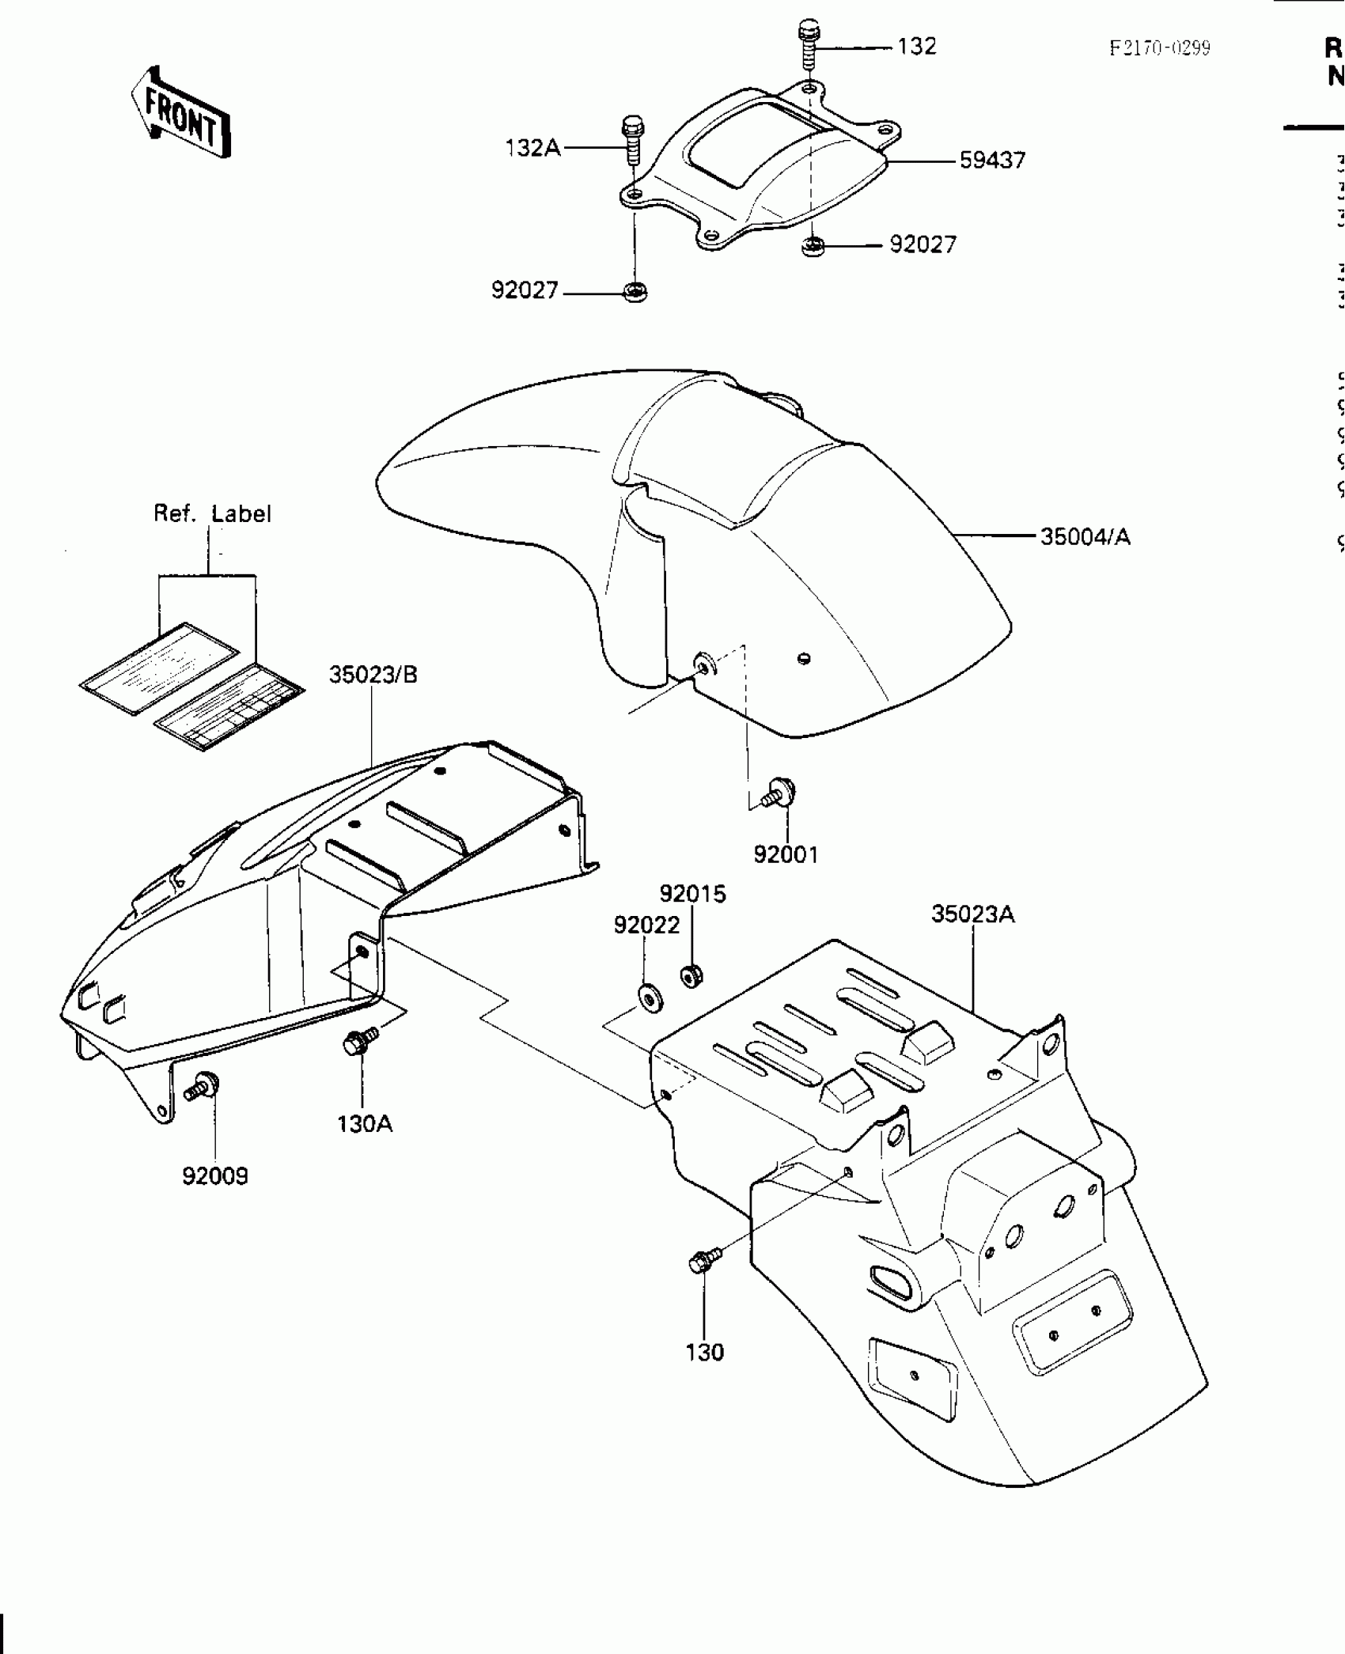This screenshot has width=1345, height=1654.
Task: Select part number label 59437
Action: [x=992, y=161]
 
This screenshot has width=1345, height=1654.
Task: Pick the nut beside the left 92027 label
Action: [x=635, y=293]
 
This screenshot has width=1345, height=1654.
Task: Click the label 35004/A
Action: [x=1085, y=537]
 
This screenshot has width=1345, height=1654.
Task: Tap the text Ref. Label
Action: [x=212, y=514]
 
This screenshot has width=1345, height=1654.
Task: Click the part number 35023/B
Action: [x=373, y=675]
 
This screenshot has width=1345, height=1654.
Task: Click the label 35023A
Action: [x=972, y=914]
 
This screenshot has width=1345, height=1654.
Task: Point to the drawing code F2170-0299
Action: [x=1159, y=48]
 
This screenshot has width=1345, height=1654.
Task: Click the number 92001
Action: [x=786, y=854]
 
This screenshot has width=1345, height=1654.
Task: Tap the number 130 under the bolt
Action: [x=705, y=1353]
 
